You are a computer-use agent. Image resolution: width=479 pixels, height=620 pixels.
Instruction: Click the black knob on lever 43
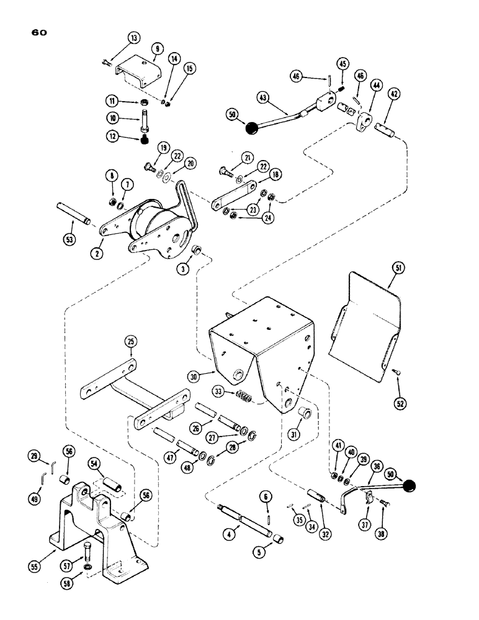click(x=251, y=129)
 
